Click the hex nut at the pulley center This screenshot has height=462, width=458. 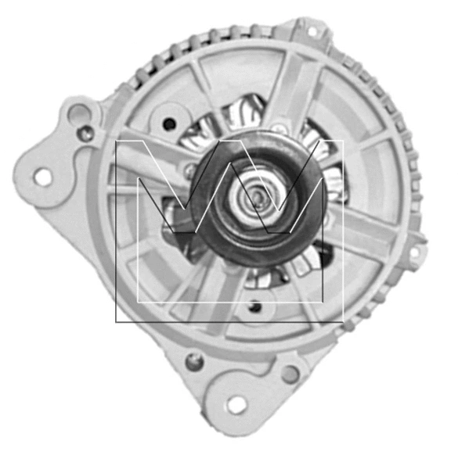tap(256, 199)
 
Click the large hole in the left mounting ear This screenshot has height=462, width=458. tap(43, 177)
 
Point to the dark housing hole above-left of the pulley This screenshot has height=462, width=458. tap(168, 122)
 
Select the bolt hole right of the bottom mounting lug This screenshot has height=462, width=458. tap(290, 374)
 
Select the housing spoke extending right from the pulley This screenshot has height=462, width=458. tap(368, 235)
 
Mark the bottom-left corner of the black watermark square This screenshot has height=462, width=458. tap(117, 321)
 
